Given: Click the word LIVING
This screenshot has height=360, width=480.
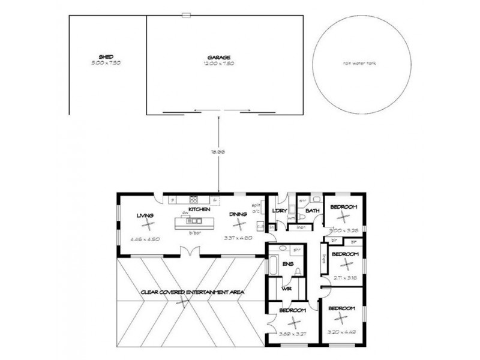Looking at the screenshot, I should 145,215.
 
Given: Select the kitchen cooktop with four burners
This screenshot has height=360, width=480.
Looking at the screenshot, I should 194,200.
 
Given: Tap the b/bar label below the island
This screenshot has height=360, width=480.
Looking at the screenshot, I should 194,233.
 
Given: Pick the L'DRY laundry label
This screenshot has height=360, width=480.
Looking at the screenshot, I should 278,211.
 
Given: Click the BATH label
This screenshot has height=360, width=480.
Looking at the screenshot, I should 312,211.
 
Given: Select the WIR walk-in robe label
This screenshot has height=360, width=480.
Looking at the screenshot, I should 286,289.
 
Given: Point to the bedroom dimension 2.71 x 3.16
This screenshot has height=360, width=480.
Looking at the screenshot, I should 344,278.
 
